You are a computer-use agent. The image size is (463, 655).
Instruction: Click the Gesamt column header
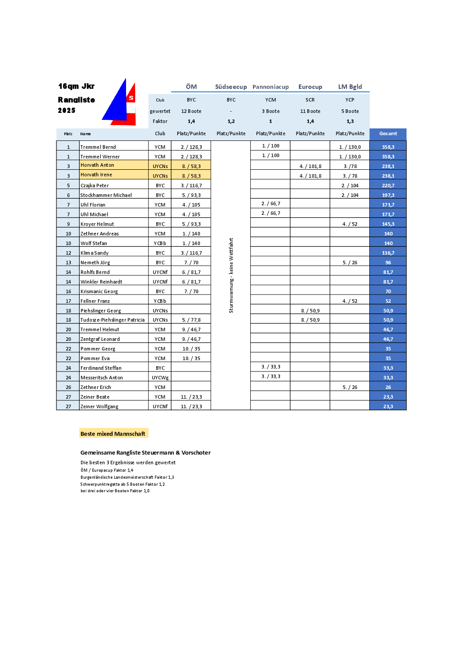tap(388, 134)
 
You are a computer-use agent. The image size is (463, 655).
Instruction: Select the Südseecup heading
tap(231, 87)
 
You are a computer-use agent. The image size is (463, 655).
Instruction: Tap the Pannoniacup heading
tap(270, 87)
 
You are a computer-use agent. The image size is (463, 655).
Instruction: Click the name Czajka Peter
tap(95, 186)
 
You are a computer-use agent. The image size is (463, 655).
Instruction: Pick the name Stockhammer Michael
tap(106, 195)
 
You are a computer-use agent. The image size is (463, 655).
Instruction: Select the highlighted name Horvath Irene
tap(96, 175)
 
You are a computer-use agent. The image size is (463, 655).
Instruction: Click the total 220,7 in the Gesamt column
tap(388, 186)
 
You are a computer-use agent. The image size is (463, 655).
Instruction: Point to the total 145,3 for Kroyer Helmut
tap(388, 224)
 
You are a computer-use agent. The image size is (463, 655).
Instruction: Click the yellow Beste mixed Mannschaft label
tap(113, 434)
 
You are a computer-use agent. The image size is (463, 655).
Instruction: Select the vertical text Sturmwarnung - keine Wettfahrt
tap(231, 275)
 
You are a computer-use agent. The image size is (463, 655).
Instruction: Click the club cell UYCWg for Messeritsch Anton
tap(160, 378)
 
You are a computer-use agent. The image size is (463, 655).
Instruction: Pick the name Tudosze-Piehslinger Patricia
tap(112, 320)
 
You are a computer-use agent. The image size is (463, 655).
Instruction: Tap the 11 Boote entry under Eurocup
tap(310, 111)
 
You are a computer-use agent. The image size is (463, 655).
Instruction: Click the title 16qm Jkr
tap(76, 86)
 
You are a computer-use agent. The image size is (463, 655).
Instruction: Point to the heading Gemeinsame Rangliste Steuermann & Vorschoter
tap(145, 452)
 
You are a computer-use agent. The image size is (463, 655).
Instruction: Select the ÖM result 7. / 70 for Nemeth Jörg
tap(191, 263)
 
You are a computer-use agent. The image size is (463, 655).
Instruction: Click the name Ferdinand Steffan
tap(101, 368)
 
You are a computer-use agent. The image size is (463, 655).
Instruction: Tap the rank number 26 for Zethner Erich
tap(68, 387)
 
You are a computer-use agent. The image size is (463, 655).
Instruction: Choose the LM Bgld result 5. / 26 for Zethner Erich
tap(350, 387)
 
